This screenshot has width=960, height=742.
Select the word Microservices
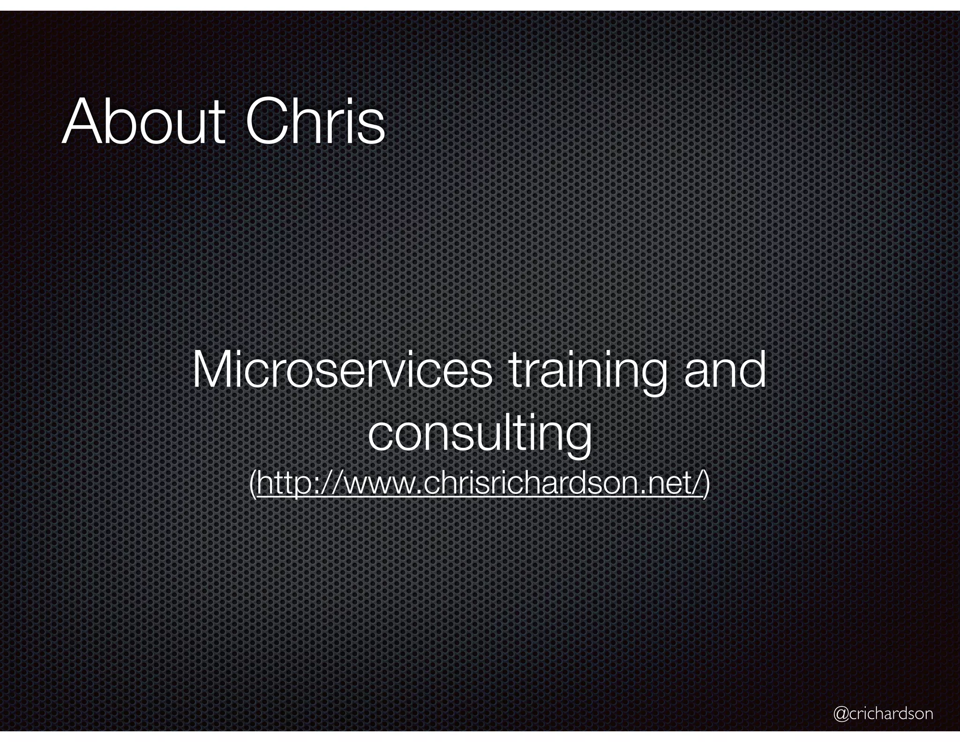tap(342, 371)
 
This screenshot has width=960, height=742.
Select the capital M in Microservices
tap(213, 371)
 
